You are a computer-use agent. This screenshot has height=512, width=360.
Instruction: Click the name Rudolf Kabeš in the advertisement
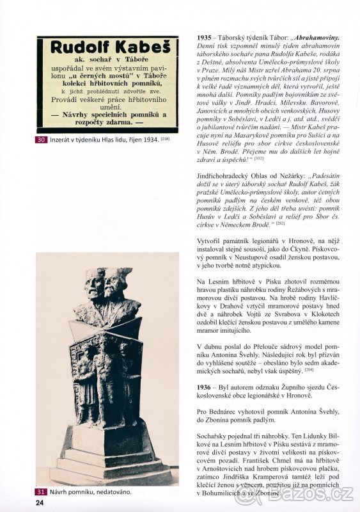coord(106,47)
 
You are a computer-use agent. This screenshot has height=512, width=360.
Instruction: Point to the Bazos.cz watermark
coord(323,494)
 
